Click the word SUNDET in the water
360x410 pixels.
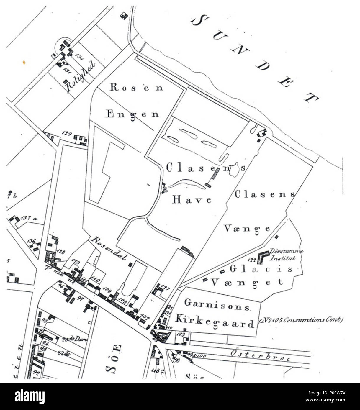[255, 59]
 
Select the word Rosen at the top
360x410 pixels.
[136, 87]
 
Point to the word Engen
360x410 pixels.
[132, 114]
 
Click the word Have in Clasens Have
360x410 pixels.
[192, 200]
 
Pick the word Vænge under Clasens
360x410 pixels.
[247, 229]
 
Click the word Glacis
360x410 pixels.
[261, 269]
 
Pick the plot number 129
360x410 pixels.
[67, 134]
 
